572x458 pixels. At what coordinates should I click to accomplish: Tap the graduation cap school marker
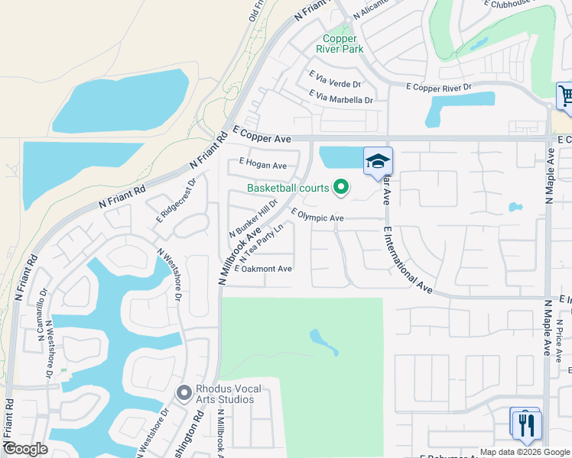click(377, 161)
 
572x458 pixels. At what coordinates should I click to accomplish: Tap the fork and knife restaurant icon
click(525, 424)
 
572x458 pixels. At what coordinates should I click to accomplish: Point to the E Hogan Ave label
click(262, 164)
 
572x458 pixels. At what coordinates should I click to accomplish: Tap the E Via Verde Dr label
click(334, 79)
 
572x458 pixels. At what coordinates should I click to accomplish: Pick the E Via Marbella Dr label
click(340, 97)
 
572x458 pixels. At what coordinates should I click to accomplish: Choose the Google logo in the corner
click(26, 449)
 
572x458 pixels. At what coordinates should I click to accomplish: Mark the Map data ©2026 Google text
click(525, 452)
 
